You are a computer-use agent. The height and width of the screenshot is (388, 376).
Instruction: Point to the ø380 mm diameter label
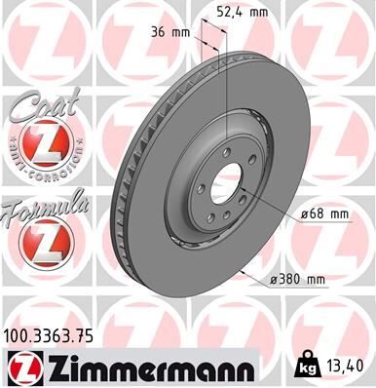(297, 281)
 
